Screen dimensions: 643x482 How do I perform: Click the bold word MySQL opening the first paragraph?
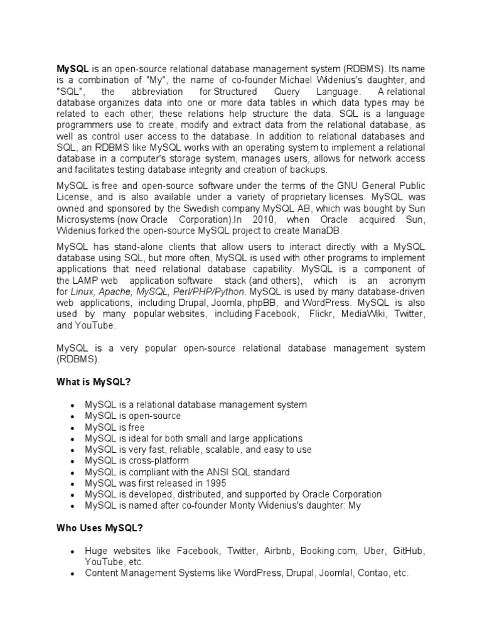(73, 68)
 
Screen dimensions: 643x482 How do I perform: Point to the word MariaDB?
(323, 231)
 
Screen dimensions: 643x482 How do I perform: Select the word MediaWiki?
(365, 314)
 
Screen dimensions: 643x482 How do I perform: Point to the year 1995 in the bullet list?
(213, 483)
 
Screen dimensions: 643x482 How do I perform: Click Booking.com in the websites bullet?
(329, 551)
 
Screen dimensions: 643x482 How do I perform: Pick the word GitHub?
(409, 551)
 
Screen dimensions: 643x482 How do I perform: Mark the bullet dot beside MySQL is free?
(73, 428)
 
